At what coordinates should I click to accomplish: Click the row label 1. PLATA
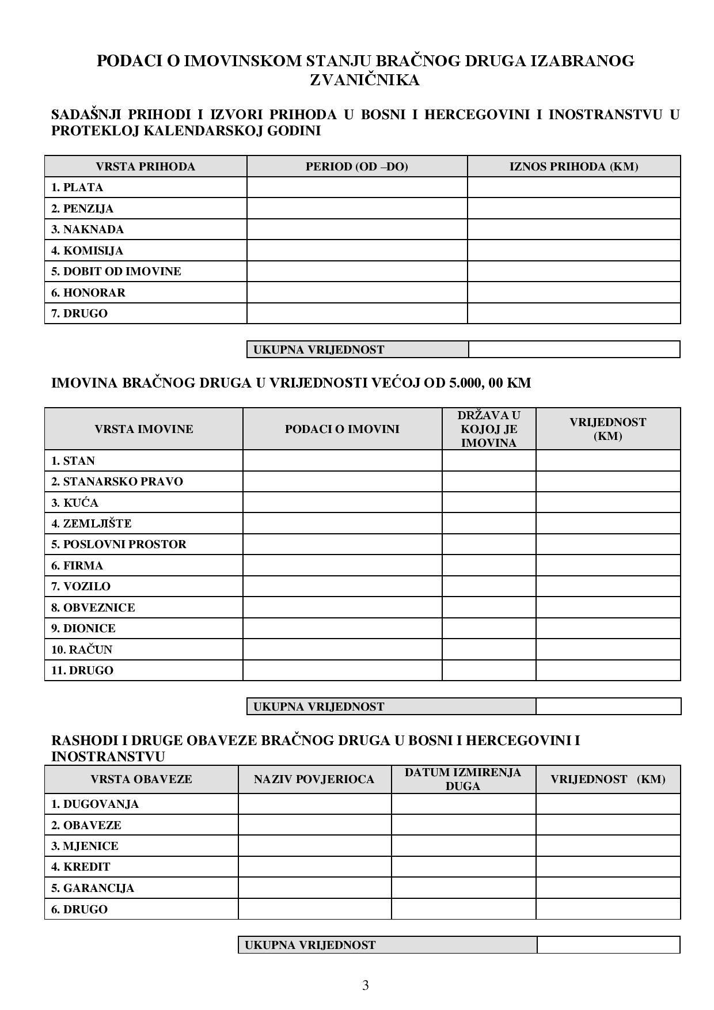tap(77, 187)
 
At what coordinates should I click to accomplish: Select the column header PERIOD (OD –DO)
tap(356, 166)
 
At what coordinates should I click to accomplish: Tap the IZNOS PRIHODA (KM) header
tap(574, 166)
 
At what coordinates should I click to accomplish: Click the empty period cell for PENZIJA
tap(356, 208)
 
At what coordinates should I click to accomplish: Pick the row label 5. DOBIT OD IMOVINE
tap(116, 271)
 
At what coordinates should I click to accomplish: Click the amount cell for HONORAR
tap(574, 293)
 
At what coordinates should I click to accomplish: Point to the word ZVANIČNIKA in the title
tap(365, 80)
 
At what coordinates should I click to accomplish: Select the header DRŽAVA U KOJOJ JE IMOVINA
tap(489, 429)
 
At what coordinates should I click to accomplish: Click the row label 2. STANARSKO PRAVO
tap(117, 481)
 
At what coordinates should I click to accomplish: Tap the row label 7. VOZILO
tap(81, 586)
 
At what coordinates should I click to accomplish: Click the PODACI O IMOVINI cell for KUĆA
tap(342, 502)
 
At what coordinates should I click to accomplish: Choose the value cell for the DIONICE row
tap(607, 628)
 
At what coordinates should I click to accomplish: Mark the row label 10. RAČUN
tap(82, 650)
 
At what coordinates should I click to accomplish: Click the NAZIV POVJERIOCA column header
tap(314, 780)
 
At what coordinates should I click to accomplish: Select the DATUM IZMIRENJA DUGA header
tap(463, 779)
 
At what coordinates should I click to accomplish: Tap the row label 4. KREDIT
tap(81, 867)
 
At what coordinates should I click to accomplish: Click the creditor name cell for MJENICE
tap(314, 846)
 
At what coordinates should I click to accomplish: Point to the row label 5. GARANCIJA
tap(92, 888)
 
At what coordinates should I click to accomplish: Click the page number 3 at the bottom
tap(365, 985)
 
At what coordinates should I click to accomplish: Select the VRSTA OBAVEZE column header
tap(141, 780)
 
